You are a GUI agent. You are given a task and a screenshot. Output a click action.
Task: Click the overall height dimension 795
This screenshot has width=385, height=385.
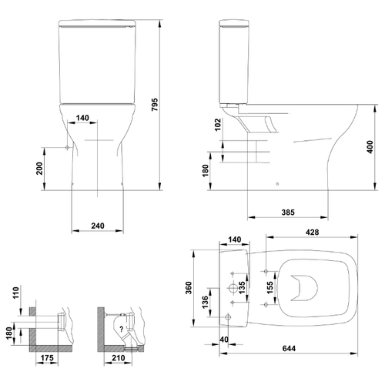155,104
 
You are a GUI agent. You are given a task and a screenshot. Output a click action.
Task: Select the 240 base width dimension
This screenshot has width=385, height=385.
98,226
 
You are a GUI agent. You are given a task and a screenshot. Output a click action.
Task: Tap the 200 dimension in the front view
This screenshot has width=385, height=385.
39,169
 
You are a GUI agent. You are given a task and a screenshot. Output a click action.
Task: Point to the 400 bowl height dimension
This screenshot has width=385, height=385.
370,147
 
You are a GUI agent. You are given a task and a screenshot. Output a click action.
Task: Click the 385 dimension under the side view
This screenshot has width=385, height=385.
288,213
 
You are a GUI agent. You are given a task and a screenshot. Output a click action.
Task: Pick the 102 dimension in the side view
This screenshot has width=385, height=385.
218,125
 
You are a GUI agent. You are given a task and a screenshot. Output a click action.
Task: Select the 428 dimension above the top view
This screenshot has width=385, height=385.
313,232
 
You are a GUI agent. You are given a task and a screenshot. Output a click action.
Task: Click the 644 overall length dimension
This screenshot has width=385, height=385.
289,348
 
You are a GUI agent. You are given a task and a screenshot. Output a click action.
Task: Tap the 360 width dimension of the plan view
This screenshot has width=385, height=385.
189,288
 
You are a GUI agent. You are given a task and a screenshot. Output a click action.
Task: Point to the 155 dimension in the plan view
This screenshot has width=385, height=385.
270,288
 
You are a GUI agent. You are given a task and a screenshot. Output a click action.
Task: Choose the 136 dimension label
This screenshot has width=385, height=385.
206,302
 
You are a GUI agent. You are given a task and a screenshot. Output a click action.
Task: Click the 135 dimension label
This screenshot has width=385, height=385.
242,288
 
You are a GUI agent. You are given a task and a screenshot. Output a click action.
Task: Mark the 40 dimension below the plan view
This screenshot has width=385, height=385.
224,340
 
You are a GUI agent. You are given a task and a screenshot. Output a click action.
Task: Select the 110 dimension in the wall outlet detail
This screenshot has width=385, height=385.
16,293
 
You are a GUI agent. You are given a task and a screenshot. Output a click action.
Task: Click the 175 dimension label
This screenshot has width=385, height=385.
47,358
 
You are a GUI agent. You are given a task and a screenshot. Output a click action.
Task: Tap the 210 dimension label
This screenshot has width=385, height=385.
119,358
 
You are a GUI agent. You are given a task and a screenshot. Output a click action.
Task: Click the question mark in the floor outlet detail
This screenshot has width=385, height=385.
122,329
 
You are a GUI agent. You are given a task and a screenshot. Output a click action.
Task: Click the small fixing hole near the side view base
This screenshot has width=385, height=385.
277,184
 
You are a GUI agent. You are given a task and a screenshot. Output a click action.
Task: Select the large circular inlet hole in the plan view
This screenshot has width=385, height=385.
233,288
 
